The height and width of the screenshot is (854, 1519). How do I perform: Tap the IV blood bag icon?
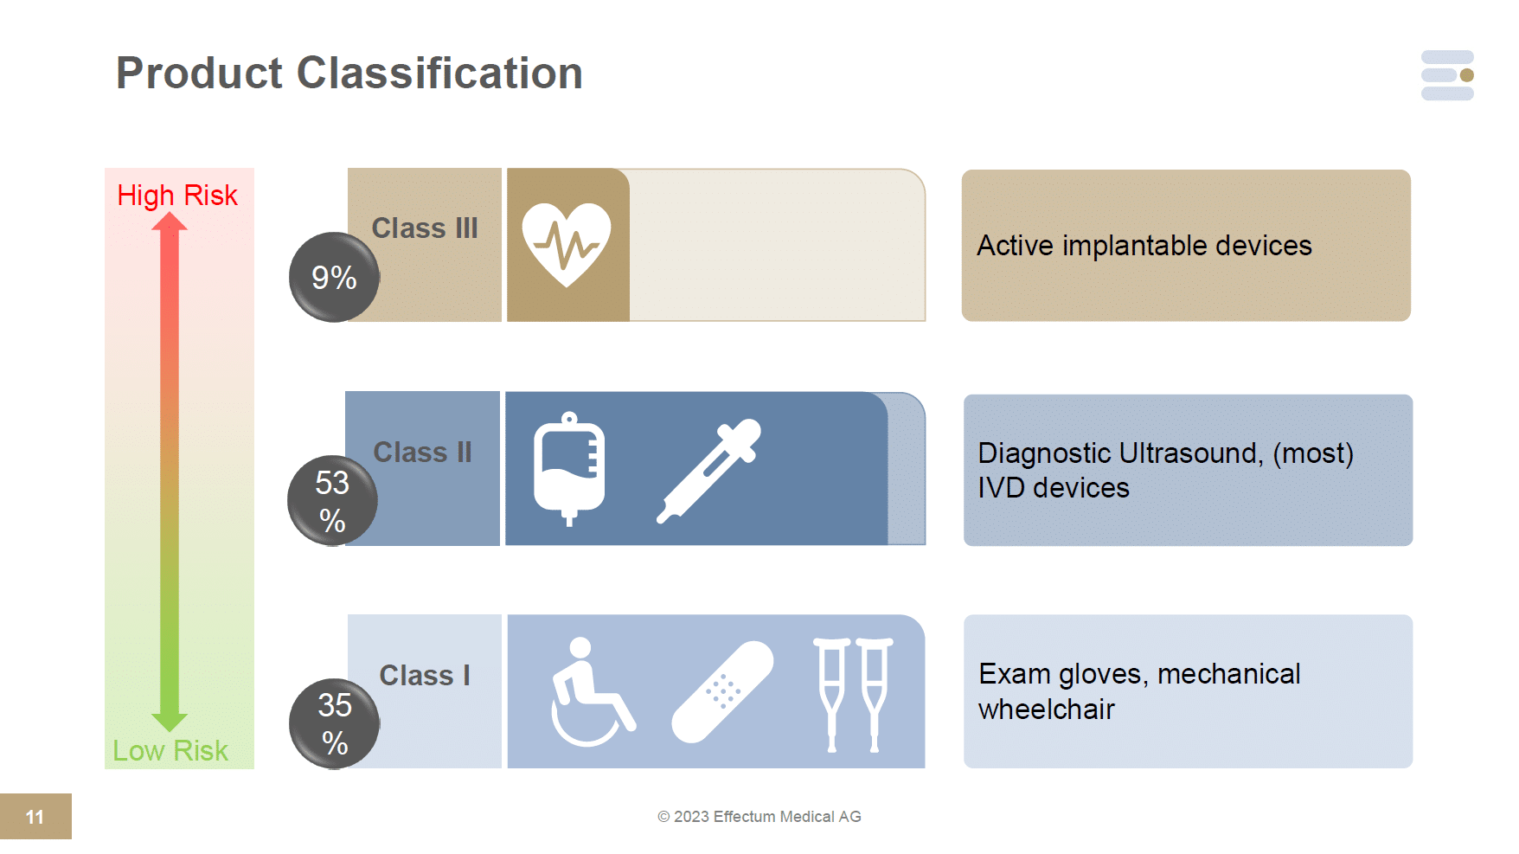(x=569, y=468)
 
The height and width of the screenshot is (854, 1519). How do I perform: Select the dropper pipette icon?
(x=708, y=471)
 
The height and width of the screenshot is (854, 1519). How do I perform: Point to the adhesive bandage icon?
(x=722, y=691)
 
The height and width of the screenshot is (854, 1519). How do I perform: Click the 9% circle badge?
(x=334, y=278)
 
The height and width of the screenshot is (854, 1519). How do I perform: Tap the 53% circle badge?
(x=332, y=501)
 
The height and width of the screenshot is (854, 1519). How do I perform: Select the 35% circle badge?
(x=334, y=723)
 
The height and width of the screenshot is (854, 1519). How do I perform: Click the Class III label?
(x=425, y=228)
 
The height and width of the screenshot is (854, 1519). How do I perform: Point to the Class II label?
(x=423, y=452)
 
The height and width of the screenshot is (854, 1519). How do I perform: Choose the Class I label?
(x=425, y=675)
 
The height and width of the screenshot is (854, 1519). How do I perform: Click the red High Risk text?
(x=177, y=196)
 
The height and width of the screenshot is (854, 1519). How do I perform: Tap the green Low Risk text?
(x=170, y=750)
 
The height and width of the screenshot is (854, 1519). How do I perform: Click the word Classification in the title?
(x=439, y=73)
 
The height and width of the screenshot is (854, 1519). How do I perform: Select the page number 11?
(x=35, y=817)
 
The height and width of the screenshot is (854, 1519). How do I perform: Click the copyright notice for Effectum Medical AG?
(x=759, y=817)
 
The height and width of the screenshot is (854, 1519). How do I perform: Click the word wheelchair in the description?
(x=1047, y=710)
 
